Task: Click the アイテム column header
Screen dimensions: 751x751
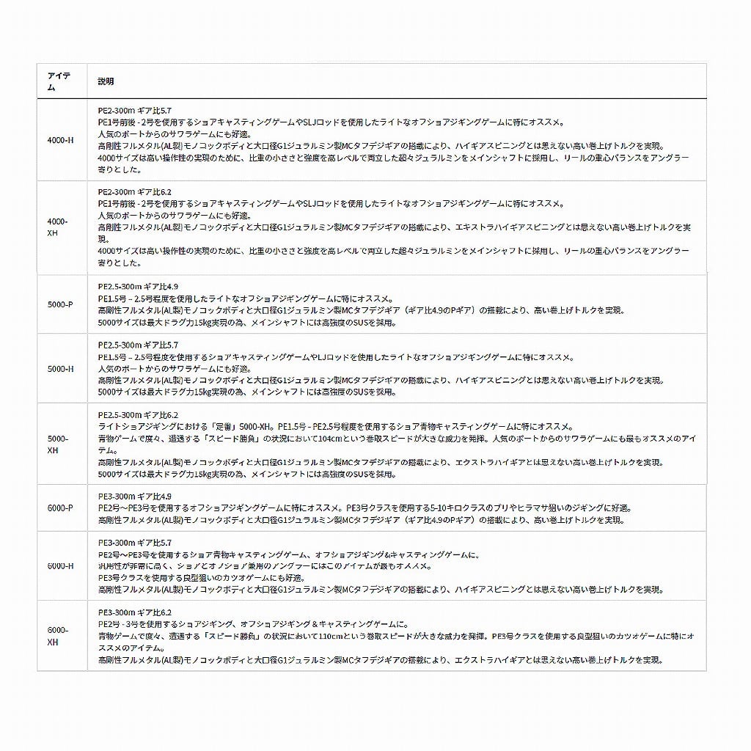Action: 58,81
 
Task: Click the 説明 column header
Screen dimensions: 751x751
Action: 106,81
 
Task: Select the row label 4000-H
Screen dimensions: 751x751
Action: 60,139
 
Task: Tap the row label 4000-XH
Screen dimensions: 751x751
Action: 58,227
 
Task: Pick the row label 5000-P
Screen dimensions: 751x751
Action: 60,304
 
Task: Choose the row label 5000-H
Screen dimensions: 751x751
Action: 60,369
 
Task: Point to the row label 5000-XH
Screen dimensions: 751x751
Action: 58,444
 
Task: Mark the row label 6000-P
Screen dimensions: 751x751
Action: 60,508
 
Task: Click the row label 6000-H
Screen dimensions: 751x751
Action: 60,565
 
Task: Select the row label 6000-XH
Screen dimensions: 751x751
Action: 58,636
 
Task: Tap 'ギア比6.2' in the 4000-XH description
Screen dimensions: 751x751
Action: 155,192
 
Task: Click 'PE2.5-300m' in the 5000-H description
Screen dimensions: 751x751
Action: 117,345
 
